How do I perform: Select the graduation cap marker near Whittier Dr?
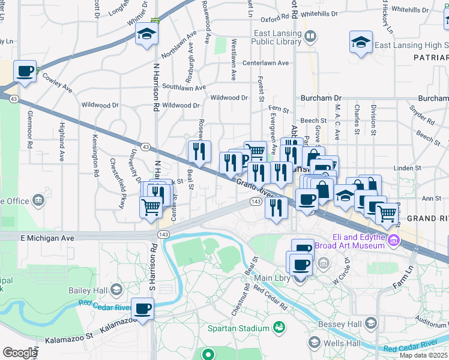(x=145, y=35)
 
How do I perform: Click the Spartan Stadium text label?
(x=238, y=328)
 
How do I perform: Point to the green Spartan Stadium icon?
(x=279, y=327)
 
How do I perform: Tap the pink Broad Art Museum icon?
(x=394, y=241)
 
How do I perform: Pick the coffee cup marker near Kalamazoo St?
(x=143, y=309)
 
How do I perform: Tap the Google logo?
(x=19, y=352)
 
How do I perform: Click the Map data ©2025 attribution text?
(x=424, y=355)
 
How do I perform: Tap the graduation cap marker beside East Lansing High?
(x=361, y=42)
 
